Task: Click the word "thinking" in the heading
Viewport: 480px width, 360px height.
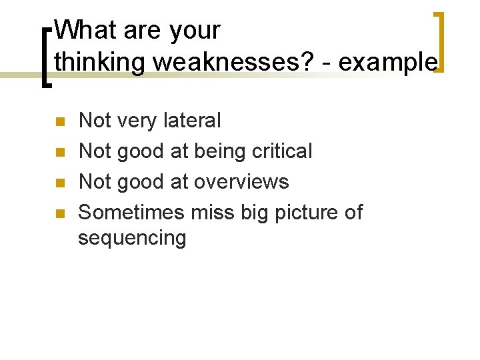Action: [x=100, y=61]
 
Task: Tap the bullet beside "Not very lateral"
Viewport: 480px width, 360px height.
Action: [x=59, y=121]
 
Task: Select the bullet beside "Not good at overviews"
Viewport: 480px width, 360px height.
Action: [x=59, y=183]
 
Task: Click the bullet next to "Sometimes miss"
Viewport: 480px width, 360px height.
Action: [x=59, y=213]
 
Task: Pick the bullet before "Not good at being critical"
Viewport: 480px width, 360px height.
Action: [x=59, y=152]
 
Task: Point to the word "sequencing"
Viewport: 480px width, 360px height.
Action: [x=132, y=238]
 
